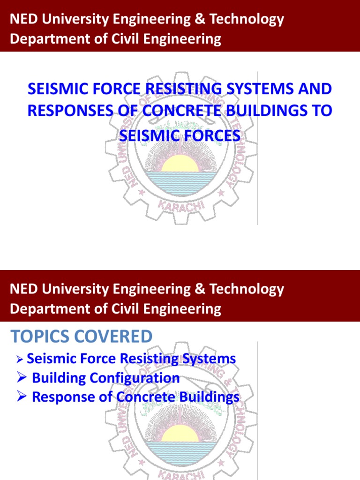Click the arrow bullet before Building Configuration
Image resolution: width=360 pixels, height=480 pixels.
coord(21,378)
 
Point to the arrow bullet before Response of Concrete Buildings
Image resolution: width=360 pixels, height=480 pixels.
coord(21,397)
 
